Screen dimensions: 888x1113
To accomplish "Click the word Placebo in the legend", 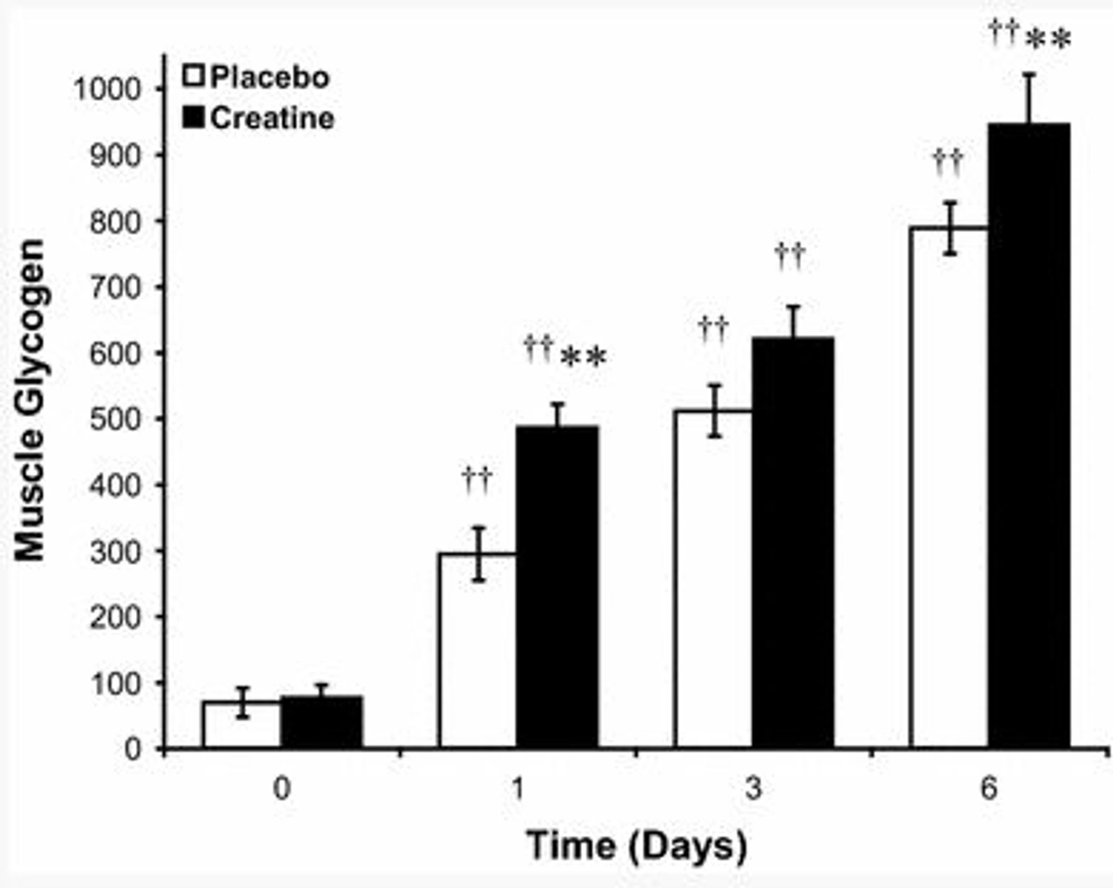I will click(x=270, y=77).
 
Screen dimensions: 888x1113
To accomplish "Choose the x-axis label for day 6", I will click(x=988, y=788).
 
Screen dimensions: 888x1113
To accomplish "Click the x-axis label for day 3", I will click(x=753, y=788).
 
